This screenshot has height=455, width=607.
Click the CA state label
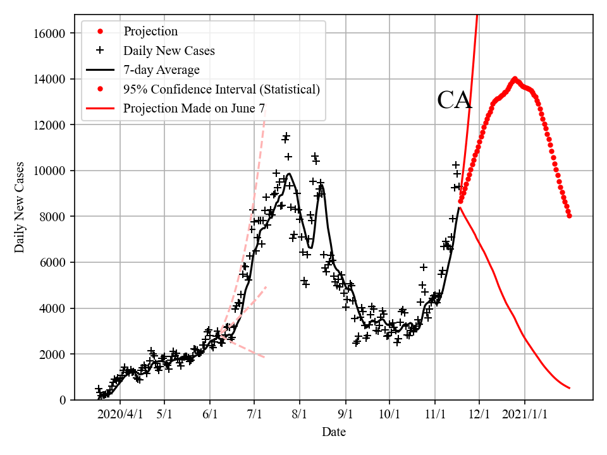455,100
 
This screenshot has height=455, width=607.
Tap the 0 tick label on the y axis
63,400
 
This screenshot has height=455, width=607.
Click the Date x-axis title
333,432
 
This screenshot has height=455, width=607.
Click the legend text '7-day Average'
161,70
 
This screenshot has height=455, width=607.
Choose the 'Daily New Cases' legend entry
169,51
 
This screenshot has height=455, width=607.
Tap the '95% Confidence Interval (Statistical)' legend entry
221,89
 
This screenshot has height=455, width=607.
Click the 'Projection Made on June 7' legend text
193,108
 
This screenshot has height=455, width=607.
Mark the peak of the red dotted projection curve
515,79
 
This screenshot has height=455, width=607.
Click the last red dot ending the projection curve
570,216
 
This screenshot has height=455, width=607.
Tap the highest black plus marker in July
286,136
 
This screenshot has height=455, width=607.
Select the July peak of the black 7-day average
289,174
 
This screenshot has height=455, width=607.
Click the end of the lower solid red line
570,388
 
